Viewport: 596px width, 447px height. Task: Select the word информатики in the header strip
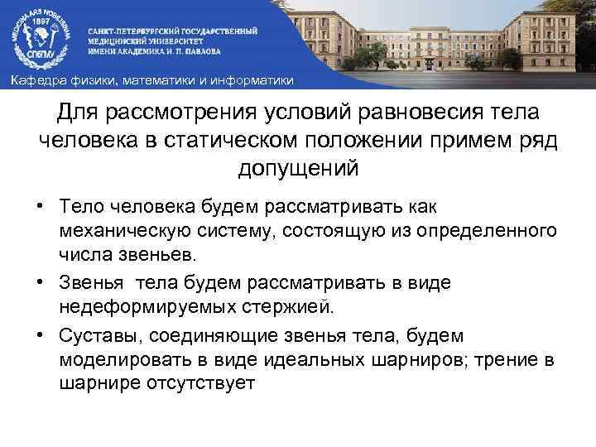pos(258,80)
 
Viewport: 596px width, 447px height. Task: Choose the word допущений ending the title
pos(298,168)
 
